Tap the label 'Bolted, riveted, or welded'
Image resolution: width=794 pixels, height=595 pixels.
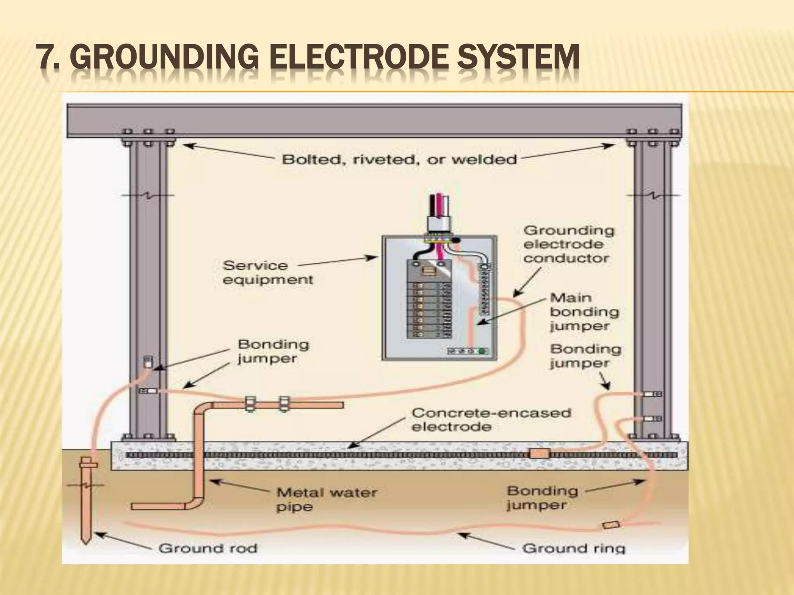399,160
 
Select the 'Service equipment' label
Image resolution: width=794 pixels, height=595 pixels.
268,273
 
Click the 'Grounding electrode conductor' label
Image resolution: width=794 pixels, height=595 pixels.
568,244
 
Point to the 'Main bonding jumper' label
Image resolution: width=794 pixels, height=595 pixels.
584,312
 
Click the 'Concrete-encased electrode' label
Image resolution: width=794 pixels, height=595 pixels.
491,420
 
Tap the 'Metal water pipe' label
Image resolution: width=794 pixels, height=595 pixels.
326,500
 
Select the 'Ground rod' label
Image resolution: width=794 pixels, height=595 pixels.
208,549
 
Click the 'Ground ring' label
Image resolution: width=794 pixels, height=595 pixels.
574,549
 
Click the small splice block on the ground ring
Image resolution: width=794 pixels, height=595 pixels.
611,525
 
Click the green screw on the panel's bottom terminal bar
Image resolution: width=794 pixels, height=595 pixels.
482,351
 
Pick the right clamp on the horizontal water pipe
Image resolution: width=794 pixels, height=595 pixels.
285,405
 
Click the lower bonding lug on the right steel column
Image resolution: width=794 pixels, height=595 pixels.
652,419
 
